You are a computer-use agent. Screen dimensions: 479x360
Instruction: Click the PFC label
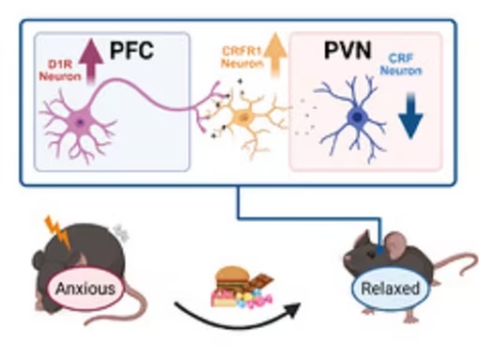(131, 50)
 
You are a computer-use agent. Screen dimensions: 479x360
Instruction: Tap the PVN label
(348, 50)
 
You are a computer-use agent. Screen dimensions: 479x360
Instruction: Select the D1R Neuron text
(60, 70)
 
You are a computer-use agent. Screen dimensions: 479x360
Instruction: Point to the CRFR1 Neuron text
(242, 57)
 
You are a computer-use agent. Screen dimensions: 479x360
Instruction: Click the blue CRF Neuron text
(401, 65)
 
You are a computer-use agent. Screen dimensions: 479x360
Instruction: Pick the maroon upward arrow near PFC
(91, 61)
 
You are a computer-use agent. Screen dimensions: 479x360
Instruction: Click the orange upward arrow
(275, 55)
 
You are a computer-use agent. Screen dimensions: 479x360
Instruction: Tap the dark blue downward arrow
(410, 116)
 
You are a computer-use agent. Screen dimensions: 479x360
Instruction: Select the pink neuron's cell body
(80, 121)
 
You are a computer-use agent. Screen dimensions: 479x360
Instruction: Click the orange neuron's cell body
(241, 117)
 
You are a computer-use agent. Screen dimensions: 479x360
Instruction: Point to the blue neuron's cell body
(357, 117)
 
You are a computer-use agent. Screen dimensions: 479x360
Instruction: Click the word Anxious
(85, 289)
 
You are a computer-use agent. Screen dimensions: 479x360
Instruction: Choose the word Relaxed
(390, 288)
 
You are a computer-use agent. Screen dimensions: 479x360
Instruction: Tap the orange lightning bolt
(58, 231)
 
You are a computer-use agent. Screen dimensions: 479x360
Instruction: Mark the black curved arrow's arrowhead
(293, 309)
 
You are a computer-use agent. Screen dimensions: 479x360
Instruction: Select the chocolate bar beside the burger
(260, 280)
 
